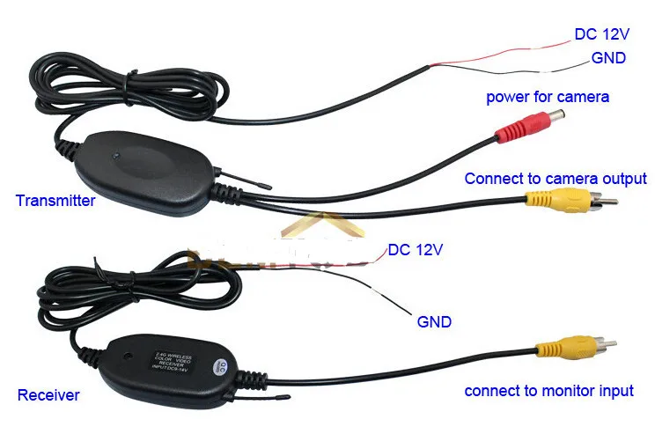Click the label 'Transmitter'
pyautogui.click(x=55, y=201)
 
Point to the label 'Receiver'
pyautogui.click(x=48, y=395)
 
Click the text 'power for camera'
pyautogui.click(x=548, y=96)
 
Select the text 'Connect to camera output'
pyautogui.click(x=556, y=179)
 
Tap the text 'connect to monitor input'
pyautogui.click(x=549, y=391)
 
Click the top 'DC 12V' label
pyautogui.click(x=604, y=34)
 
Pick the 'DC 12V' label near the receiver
pyautogui.click(x=414, y=250)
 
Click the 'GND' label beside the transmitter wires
pyautogui.click(x=608, y=58)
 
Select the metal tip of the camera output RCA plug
pyautogui.click(x=608, y=202)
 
